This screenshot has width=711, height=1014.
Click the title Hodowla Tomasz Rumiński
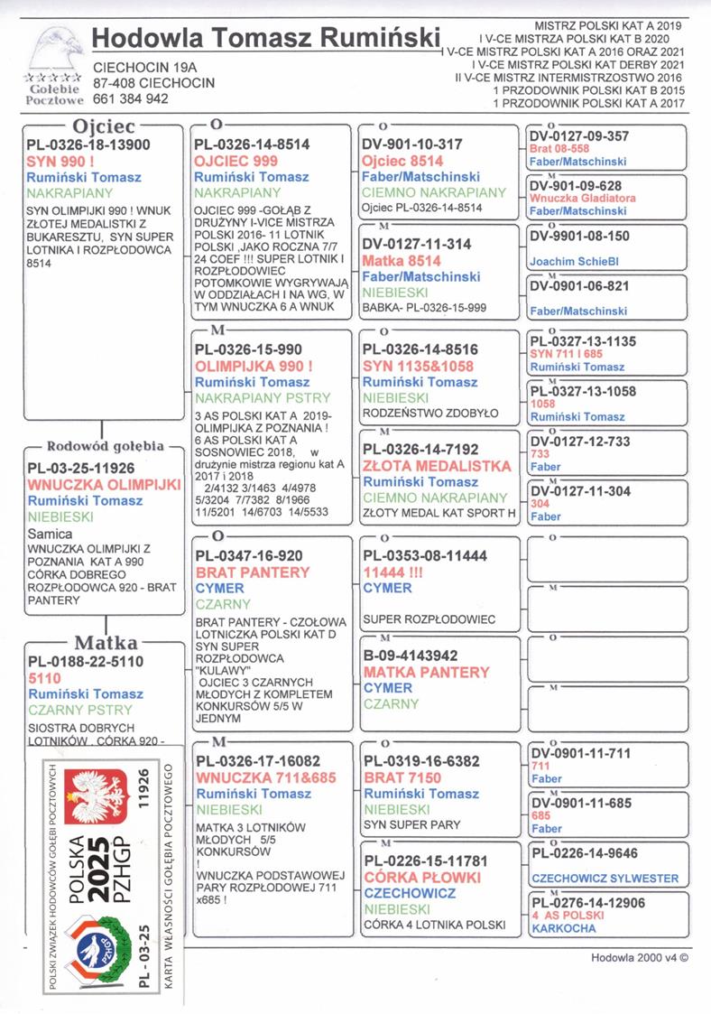click(264, 39)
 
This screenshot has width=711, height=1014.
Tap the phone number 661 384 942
click(131, 99)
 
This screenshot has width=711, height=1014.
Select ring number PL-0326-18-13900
click(88, 144)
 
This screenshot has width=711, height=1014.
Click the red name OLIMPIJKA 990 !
click(254, 366)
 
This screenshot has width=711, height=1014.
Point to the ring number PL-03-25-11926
click(88, 468)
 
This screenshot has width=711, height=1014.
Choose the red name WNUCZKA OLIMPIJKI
click(105, 484)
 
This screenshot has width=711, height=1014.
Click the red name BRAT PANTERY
click(252, 572)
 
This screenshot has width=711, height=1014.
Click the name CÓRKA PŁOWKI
click(422, 877)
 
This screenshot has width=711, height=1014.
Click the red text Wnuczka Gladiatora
click(582, 198)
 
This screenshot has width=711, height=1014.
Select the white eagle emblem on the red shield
click(100, 795)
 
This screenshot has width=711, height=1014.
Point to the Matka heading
click(106, 643)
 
